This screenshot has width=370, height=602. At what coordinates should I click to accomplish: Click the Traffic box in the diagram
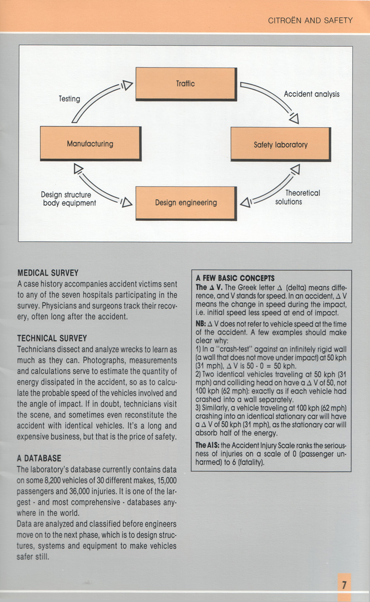click(185, 84)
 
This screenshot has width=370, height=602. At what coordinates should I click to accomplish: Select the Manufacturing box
click(90, 143)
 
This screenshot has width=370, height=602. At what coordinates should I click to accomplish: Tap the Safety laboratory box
click(280, 145)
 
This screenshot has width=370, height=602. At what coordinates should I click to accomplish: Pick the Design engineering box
click(185, 203)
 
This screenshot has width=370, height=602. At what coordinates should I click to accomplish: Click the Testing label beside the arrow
click(69, 98)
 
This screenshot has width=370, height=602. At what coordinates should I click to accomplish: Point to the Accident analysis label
click(311, 94)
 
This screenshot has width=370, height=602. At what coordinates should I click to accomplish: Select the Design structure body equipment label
click(68, 199)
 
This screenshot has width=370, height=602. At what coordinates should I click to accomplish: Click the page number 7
click(344, 584)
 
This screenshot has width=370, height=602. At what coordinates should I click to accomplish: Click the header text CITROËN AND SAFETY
click(310, 20)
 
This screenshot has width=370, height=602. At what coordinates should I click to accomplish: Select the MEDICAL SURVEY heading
click(47, 272)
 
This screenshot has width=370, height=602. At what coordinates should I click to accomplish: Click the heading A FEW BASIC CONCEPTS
click(235, 278)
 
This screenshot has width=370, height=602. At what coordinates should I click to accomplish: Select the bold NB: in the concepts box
click(202, 324)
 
